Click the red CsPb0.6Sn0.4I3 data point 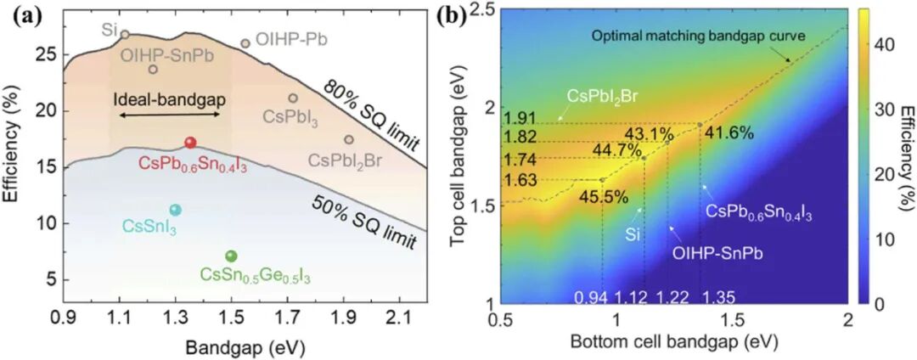pos(190,143)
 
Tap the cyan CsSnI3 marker pos(176,210)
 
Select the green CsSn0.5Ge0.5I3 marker pos(231,256)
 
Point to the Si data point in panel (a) pos(125,35)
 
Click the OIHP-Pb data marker pos(245,43)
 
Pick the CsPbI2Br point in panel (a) pos(349,139)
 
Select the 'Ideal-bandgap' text pos(171,99)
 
